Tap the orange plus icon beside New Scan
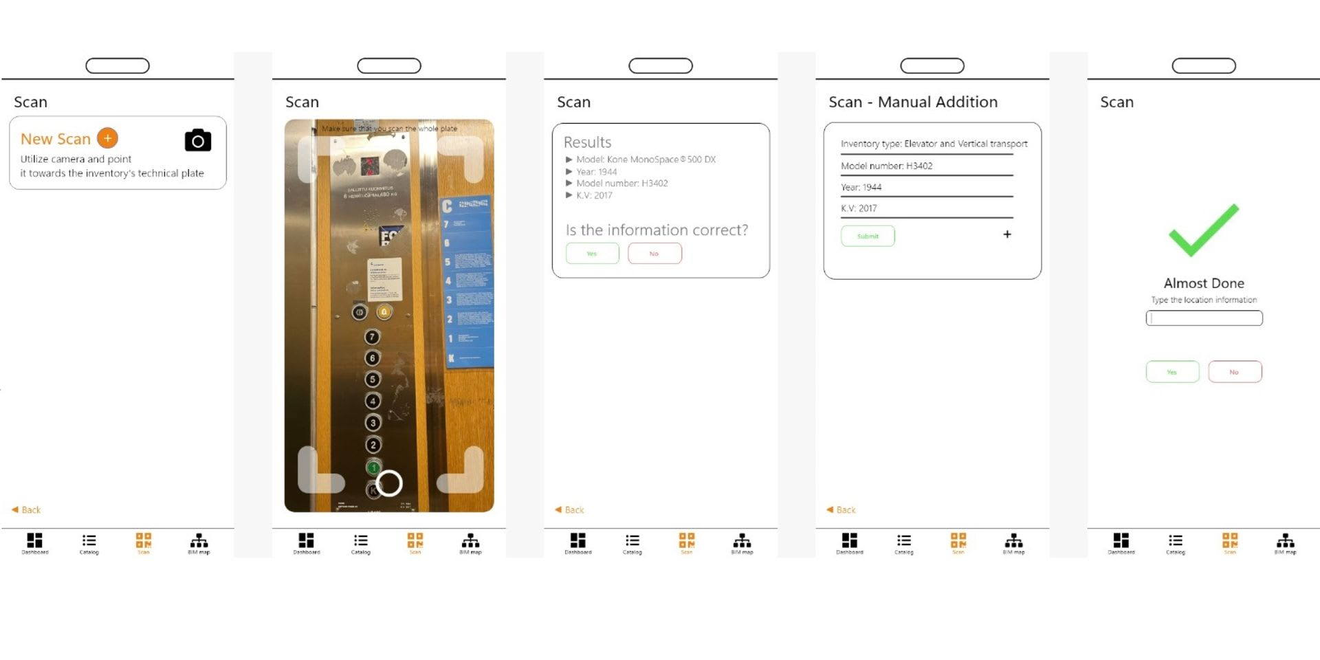[x=107, y=138]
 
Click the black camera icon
[x=198, y=140]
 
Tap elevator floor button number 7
[x=372, y=337]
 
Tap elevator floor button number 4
[x=373, y=401]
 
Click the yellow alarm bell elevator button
[x=384, y=312]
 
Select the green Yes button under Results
[x=592, y=254]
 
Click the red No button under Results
[x=654, y=254]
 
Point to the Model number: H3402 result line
[x=621, y=184]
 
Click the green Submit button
[x=868, y=236]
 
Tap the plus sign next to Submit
[x=1007, y=234]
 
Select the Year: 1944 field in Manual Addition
[x=926, y=187]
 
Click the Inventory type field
[x=934, y=144]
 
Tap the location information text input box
[x=1204, y=318]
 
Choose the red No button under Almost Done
[x=1235, y=372]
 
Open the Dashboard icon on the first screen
[x=34, y=542]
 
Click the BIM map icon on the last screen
[x=1285, y=542]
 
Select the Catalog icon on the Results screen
[x=632, y=542]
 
